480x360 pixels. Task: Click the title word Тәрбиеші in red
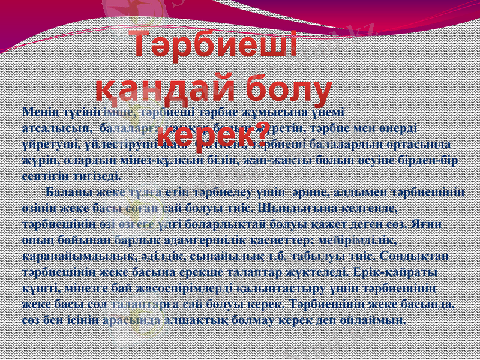pyautogui.click(x=216, y=46)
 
